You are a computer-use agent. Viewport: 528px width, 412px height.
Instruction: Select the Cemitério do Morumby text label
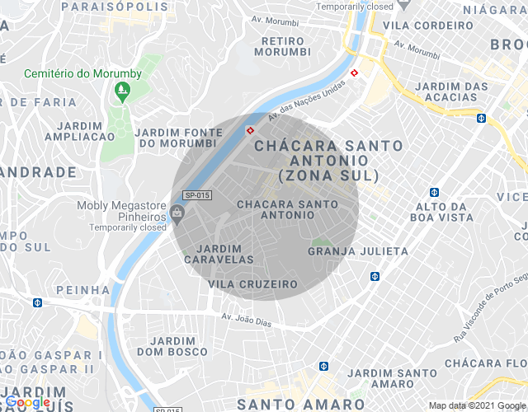82,73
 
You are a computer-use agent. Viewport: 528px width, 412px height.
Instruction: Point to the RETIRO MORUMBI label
285,46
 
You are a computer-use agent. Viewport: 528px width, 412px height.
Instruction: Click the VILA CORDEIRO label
433,26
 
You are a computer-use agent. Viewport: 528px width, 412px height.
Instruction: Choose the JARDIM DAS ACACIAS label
452,92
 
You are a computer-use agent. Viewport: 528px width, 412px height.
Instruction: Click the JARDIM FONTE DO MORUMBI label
180,138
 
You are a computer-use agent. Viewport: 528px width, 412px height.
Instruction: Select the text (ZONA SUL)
328,176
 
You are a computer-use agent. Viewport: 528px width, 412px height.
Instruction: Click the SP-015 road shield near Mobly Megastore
196,195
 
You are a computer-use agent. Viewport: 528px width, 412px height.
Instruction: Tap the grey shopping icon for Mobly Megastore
177,213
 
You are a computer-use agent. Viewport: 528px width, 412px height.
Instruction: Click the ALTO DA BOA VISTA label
445,212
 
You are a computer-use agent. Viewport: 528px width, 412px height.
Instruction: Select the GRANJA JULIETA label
358,250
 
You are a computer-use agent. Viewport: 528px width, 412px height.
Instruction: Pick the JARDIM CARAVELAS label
219,254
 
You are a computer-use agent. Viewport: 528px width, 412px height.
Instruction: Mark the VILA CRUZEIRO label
252,283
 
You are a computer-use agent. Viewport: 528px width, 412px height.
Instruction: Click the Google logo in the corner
28,402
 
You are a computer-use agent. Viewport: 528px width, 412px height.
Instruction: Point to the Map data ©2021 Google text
476,405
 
